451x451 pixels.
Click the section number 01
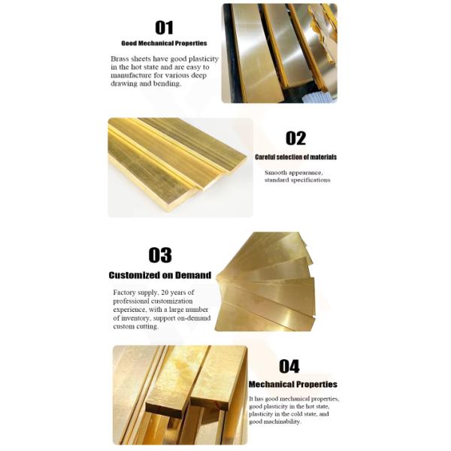click(x=164, y=28)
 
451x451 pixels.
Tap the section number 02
click(x=295, y=138)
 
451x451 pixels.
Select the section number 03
click(x=160, y=255)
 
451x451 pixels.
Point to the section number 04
click(x=289, y=367)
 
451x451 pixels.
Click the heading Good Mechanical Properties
click(x=164, y=44)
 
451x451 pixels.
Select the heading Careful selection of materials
click(x=295, y=157)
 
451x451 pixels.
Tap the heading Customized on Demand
click(x=160, y=275)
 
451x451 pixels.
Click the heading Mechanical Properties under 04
click(x=293, y=384)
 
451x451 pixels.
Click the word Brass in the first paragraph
click(x=120, y=59)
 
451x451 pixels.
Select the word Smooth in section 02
click(x=276, y=173)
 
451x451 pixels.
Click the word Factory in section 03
click(x=124, y=293)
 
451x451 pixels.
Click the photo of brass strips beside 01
click(x=280, y=53)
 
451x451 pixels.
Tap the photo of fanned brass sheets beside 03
click(x=265, y=282)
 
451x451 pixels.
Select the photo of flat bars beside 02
click(x=180, y=168)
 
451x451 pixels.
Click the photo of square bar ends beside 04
click(x=180, y=395)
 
